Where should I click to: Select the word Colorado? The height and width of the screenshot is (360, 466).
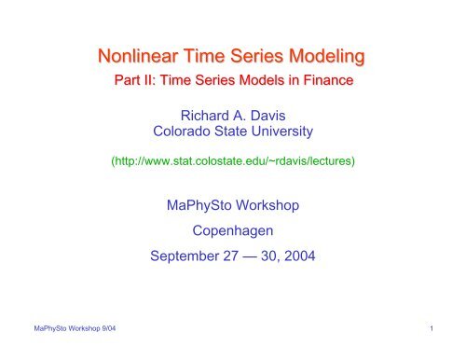[x=183, y=135]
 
